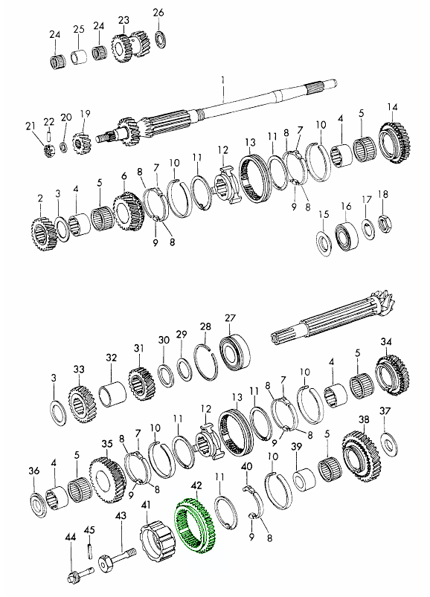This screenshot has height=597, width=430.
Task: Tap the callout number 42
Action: tap(197, 485)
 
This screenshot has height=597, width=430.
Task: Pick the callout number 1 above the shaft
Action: tap(223, 81)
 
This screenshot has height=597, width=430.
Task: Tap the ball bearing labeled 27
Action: tap(234, 352)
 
